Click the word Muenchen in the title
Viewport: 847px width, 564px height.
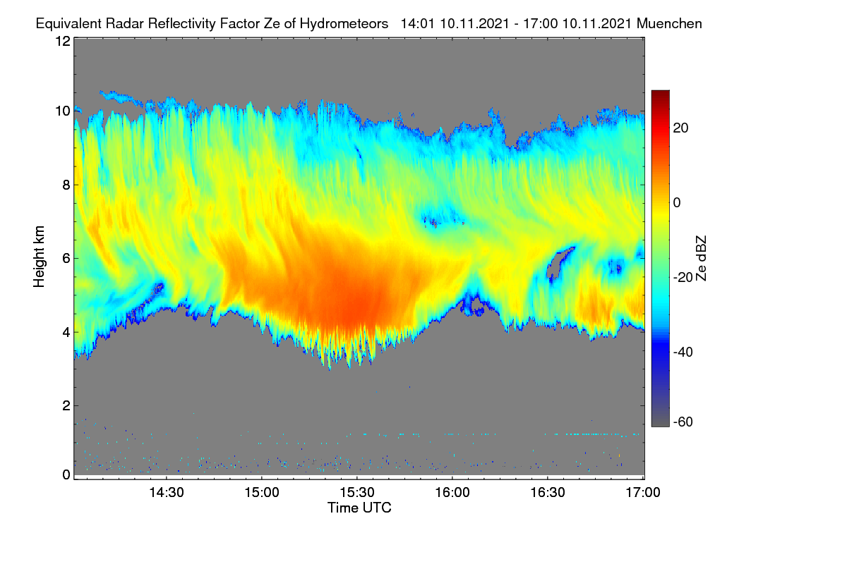[x=669, y=24]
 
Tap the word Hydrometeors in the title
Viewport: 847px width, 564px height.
[x=344, y=24]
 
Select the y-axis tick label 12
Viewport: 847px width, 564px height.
[x=63, y=41]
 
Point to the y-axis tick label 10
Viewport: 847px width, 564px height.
[x=63, y=111]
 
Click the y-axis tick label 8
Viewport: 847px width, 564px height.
[x=67, y=185]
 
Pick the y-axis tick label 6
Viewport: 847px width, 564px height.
[x=67, y=259]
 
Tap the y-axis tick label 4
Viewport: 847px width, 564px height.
[x=67, y=333]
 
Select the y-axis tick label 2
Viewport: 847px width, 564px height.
[x=67, y=405]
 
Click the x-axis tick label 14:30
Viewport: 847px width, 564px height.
[x=167, y=492]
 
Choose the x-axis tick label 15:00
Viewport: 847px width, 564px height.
[x=262, y=492]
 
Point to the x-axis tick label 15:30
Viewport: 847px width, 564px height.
[x=357, y=492]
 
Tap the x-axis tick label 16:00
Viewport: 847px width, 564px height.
[x=452, y=492]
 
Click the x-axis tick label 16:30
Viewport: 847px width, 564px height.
[x=548, y=492]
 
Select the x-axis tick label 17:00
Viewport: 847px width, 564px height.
[x=643, y=492]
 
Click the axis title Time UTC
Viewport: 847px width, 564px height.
[x=359, y=508]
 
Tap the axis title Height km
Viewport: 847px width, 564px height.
[x=39, y=257]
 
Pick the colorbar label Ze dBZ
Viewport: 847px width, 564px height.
[x=701, y=259]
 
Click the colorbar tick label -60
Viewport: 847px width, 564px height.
[x=683, y=422]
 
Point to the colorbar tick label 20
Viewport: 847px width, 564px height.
[x=680, y=128]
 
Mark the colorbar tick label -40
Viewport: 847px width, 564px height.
[x=683, y=352]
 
